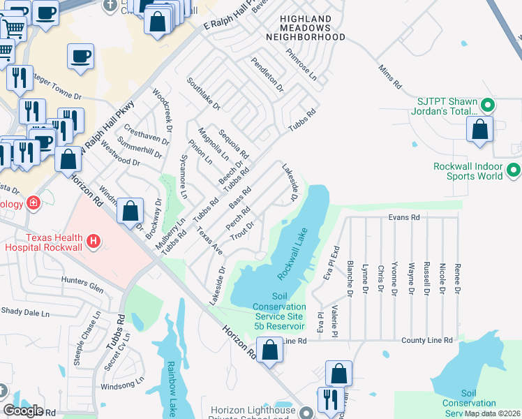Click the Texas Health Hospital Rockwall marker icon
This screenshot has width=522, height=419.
tap(94, 243)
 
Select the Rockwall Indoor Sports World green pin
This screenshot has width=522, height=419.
tap(514, 170)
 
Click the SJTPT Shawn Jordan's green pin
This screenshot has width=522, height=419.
tap(488, 106)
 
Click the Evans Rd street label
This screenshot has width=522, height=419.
tap(404, 218)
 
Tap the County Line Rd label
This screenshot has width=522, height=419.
tap(426, 341)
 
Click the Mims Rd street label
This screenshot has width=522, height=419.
tap(389, 77)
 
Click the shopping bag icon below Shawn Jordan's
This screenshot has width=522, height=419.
tap(479, 131)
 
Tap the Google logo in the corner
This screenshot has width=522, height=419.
tap(23, 411)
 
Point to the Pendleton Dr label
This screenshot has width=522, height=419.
tap(268, 75)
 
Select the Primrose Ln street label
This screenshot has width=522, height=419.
tap(301, 62)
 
